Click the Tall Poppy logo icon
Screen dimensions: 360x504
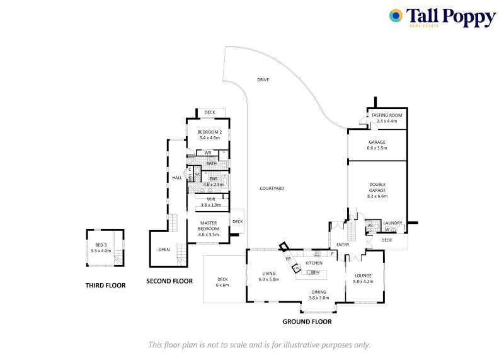click(396, 16)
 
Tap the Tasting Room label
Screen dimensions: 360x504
click(387, 115)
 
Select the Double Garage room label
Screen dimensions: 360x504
click(377, 187)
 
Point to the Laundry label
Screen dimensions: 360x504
click(392, 223)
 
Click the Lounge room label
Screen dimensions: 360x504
click(364, 276)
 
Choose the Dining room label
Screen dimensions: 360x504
click(320, 292)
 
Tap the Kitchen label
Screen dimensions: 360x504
click(314, 263)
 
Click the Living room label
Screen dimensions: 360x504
click(270, 273)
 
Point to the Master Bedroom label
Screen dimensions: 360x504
click(208, 226)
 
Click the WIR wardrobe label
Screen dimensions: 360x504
click(211, 199)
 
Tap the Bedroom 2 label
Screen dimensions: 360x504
click(209, 132)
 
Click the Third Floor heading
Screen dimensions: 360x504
click(105, 286)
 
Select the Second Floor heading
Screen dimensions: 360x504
click(169, 281)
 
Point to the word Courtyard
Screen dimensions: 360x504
click(272, 189)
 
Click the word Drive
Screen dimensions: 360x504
click(263, 80)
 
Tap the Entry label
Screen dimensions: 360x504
click(342, 245)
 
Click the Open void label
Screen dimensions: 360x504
click(164, 249)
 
